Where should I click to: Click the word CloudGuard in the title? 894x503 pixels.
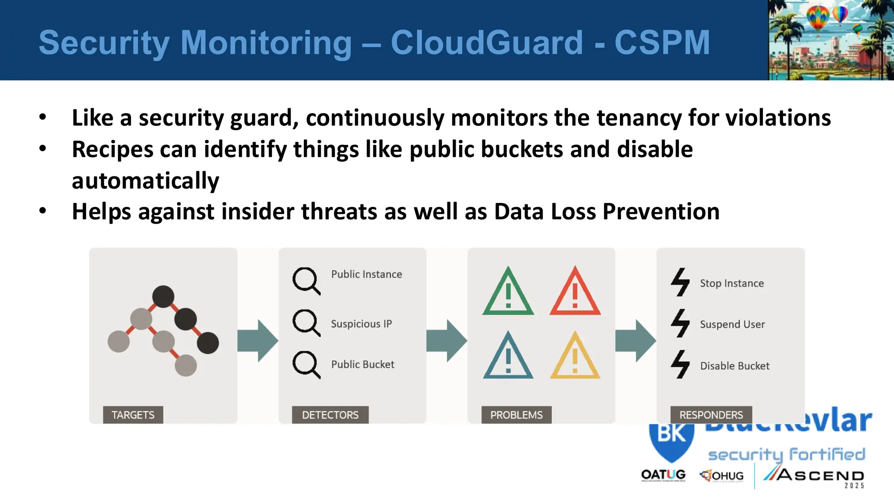click(487, 43)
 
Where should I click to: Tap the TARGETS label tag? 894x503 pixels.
click(133, 415)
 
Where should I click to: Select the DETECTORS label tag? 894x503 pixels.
click(330, 415)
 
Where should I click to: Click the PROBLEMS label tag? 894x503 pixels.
click(516, 415)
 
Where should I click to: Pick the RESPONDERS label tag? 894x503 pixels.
click(711, 415)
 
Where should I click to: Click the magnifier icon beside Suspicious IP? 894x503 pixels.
click(306, 322)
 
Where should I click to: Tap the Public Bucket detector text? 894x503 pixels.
click(362, 364)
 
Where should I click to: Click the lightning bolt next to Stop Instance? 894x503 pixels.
click(680, 282)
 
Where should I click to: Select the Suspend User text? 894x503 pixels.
click(732, 324)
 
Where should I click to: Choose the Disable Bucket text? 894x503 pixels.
click(735, 366)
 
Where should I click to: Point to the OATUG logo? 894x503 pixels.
click(663, 475)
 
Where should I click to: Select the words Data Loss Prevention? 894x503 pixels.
click(607, 212)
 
